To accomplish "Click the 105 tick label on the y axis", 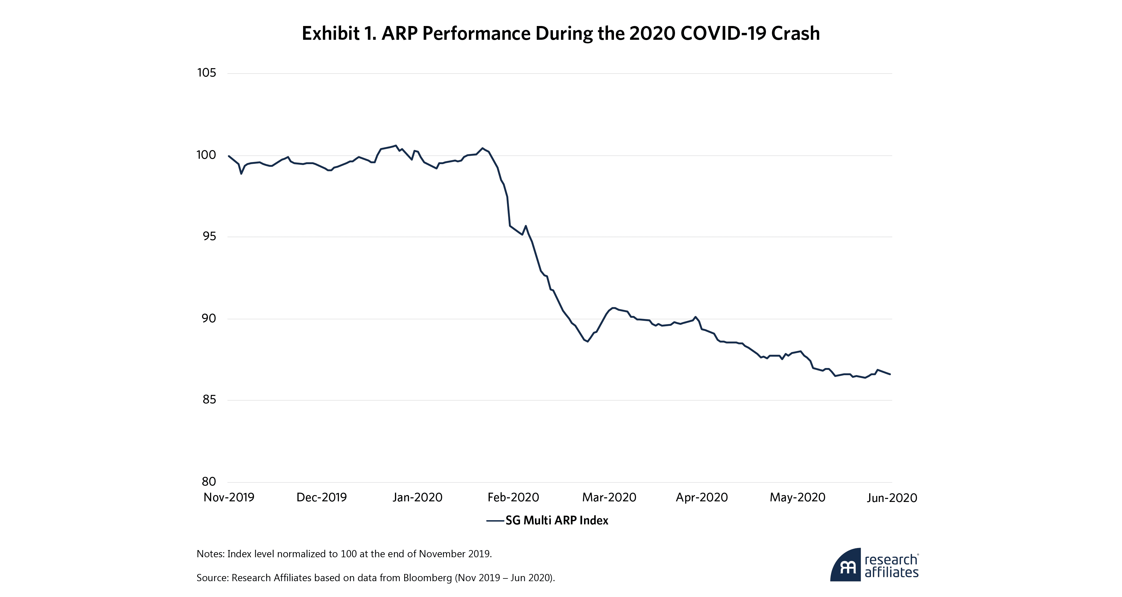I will pos(206,73).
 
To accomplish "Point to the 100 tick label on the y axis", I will pos(206,155).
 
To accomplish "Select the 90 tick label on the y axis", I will pos(209,318).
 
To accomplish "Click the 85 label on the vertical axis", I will pos(209,399).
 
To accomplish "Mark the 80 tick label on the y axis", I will pos(209,482).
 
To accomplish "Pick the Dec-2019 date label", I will pos(321,497).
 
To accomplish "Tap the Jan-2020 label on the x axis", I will pos(417,497).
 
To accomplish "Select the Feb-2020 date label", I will pos(513,497).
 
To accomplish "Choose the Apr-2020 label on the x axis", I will pos(702,497).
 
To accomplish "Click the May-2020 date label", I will pos(797,497).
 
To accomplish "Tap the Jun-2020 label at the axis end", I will pos(892,498).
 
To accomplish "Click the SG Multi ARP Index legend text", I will pos(556,520).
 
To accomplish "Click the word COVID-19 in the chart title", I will pos(723,33).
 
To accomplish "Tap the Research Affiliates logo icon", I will pos(846,565).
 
